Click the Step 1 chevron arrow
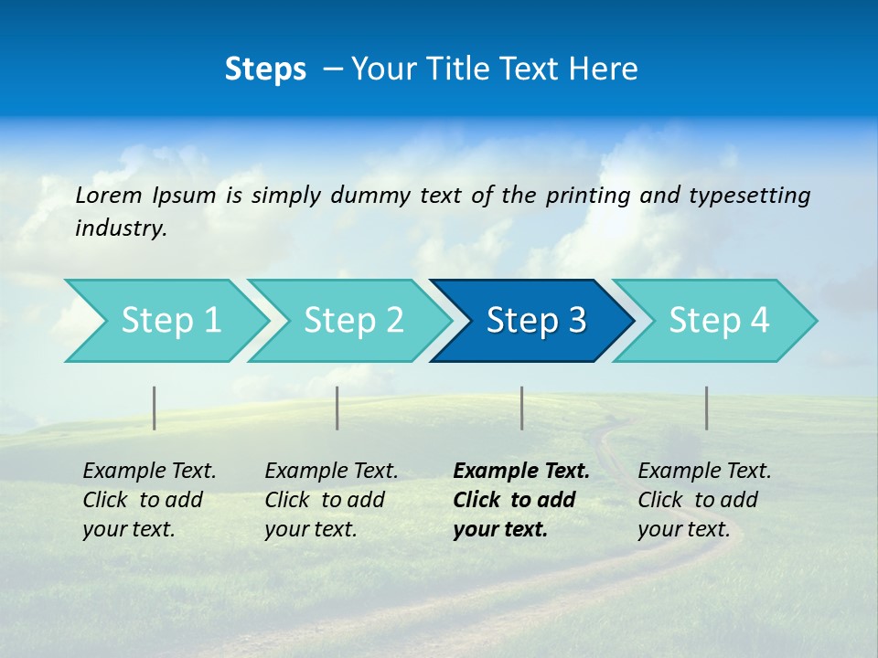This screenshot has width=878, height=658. point(170,321)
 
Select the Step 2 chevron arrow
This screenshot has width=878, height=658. point(353,321)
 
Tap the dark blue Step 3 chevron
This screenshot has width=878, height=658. point(535,321)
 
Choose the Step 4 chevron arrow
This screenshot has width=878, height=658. point(718,321)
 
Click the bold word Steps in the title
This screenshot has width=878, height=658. point(265,69)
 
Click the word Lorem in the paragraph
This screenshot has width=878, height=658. point(109,195)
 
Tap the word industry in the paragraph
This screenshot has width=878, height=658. point(121,228)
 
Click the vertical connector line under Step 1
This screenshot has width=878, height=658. point(155,408)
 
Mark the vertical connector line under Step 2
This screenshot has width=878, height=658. point(337,408)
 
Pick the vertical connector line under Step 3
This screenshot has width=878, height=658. point(521,408)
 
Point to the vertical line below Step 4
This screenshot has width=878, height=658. point(706,408)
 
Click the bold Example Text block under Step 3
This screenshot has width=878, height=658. point(520,500)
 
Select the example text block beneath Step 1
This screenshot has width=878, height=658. point(149,500)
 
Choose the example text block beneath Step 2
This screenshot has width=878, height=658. point(331,500)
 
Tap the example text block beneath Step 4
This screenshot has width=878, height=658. point(704,500)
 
